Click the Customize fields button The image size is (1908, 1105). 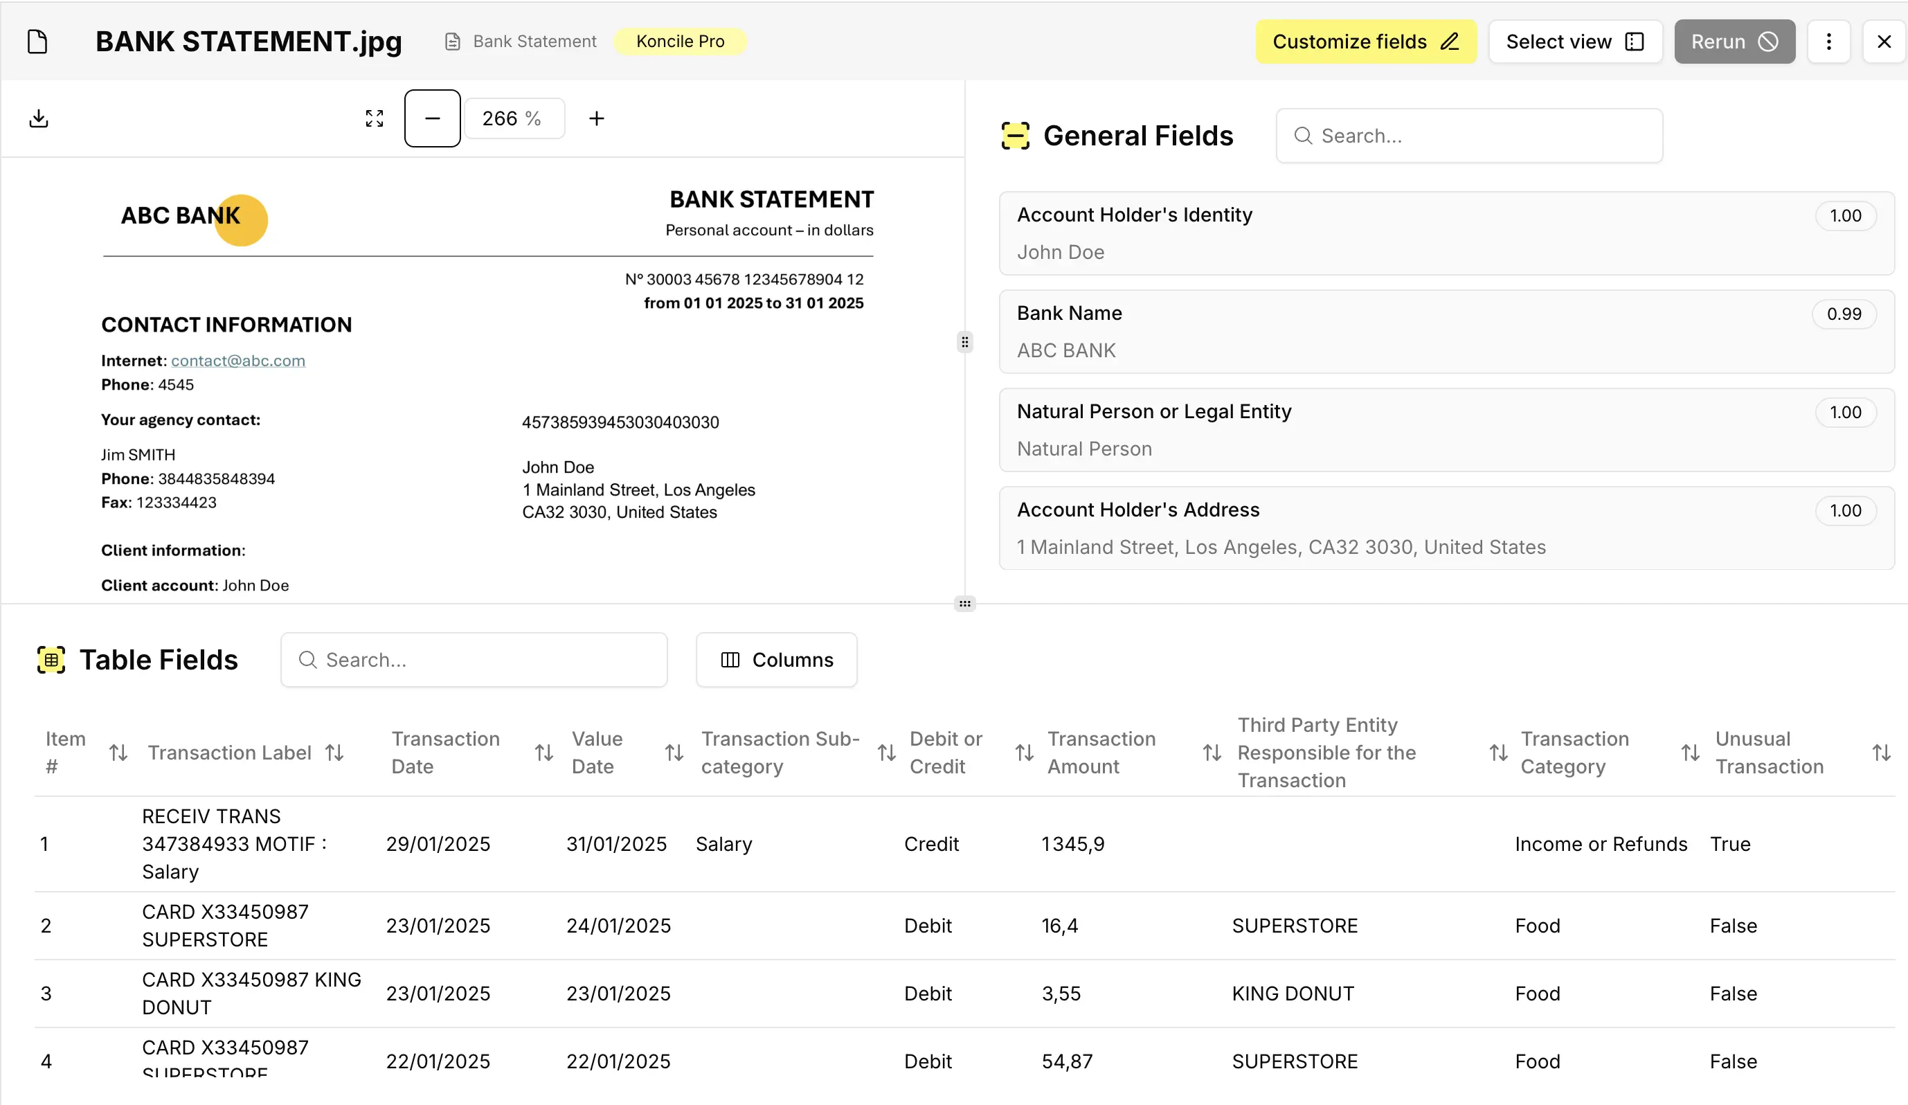[1365, 42]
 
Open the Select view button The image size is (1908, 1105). [1574, 42]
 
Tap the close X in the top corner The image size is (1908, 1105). [1884, 42]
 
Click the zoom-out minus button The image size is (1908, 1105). [432, 119]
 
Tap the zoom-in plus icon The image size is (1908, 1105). [597, 119]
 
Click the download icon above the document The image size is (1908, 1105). [39, 119]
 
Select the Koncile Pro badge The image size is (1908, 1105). [679, 42]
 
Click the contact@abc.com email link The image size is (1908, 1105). [237, 361]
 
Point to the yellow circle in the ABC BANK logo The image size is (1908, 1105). [250, 227]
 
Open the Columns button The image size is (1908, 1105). [776, 661]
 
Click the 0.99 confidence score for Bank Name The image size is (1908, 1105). [1843, 314]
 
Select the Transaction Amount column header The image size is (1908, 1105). [1101, 753]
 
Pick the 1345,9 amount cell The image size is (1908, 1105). [1073, 845]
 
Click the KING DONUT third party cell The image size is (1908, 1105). [1293, 994]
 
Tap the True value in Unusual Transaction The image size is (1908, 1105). [1729, 845]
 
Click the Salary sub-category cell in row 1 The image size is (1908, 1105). [724, 845]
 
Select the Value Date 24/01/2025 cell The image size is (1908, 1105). [618, 926]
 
